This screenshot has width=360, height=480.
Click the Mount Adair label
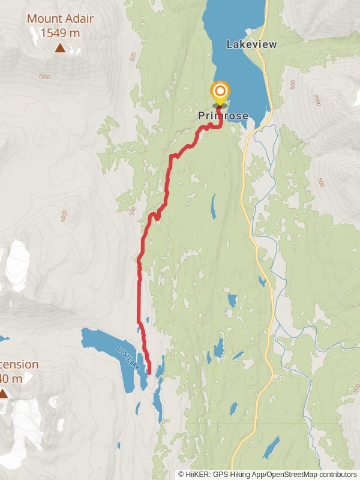[x=60, y=19]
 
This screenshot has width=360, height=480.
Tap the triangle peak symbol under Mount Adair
[x=60, y=47]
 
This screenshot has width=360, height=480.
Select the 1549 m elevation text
[x=60, y=33]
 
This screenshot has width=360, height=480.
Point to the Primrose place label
[x=223, y=115]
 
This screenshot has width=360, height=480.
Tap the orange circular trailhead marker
[x=220, y=92]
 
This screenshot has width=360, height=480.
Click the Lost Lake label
[x=128, y=358]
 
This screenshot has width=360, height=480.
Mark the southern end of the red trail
[x=149, y=389]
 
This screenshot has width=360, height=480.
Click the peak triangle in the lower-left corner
[x=4, y=394]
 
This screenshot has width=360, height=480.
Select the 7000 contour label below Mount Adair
[x=44, y=77]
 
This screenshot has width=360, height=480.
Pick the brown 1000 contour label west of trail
[x=64, y=214]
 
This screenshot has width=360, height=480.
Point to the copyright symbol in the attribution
[x=181, y=474]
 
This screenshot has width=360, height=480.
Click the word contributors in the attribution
[x=335, y=474]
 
